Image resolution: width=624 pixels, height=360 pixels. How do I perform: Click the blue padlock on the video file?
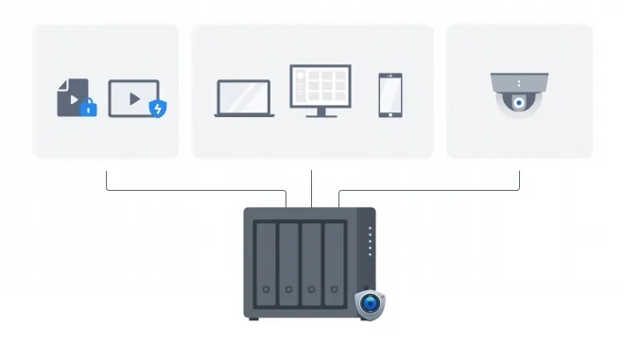click(89, 109)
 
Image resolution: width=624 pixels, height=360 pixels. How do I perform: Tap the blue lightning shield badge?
click(159, 109)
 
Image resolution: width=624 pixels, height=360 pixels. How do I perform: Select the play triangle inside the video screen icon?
click(133, 97)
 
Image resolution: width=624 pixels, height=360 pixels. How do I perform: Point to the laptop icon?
click(245, 98)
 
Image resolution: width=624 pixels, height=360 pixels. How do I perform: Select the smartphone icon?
click(390, 94)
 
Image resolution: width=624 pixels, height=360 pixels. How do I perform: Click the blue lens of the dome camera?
click(518, 103)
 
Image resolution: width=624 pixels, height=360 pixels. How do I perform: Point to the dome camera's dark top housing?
click(518, 81)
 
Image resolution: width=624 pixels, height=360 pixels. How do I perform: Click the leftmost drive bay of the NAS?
click(267, 260)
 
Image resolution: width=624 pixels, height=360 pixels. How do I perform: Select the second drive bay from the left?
click(289, 260)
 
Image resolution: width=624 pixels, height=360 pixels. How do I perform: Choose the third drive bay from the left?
click(312, 260)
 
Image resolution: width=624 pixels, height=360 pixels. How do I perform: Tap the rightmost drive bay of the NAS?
click(335, 260)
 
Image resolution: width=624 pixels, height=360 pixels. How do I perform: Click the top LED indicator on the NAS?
click(370, 229)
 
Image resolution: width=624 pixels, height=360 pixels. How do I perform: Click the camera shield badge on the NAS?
click(371, 304)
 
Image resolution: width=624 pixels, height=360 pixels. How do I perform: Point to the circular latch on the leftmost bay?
click(267, 289)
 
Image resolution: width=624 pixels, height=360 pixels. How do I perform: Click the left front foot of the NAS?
click(253, 318)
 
